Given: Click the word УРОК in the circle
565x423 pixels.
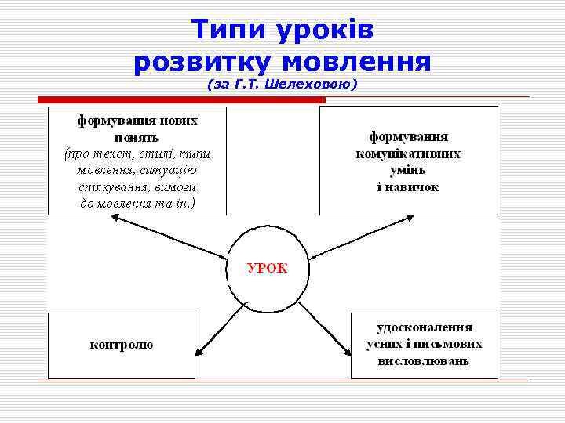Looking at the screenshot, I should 267,268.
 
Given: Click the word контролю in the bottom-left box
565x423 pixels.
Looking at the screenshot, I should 122,345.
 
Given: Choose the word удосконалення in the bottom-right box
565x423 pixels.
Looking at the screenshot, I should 425,327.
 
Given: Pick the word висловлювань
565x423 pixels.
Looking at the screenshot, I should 425,361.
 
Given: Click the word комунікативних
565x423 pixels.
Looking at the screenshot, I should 409,154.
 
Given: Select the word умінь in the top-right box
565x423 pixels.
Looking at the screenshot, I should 409,171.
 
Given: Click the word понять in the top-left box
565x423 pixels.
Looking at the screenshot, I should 137,137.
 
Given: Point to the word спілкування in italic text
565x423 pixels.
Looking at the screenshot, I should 126,188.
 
